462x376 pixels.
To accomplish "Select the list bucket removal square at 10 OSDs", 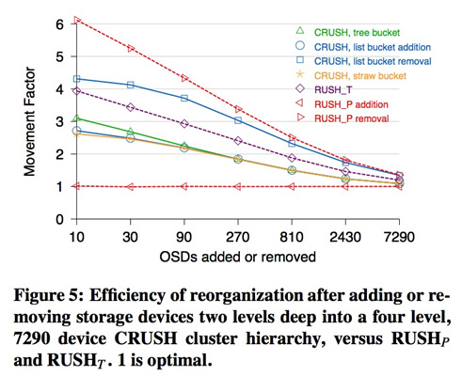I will click(x=76, y=79).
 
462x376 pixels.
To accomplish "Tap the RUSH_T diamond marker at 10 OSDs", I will click(x=76, y=91).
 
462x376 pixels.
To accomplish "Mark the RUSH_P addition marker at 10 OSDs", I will click(x=76, y=186).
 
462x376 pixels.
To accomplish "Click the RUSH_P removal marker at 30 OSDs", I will click(x=131, y=48).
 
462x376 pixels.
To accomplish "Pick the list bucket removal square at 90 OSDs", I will click(x=184, y=98).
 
